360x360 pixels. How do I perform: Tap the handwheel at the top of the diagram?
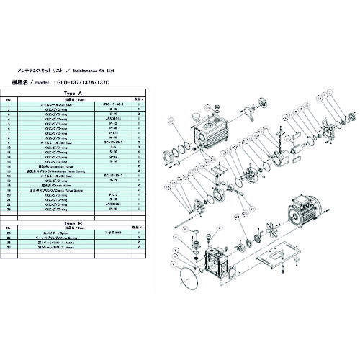pos(245,96)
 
